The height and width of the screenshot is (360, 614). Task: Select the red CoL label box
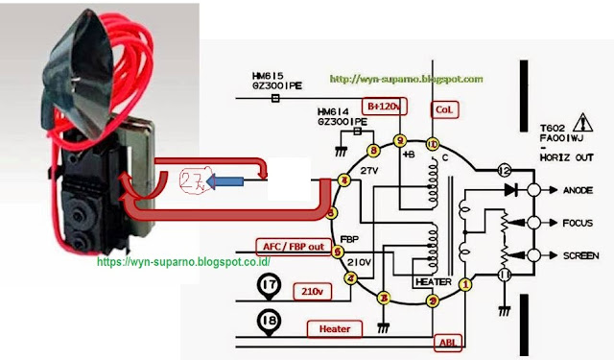[443, 109]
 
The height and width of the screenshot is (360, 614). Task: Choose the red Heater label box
[335, 329]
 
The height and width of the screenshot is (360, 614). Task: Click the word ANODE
[583, 189]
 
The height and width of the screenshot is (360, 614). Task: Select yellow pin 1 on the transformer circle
[465, 284]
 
